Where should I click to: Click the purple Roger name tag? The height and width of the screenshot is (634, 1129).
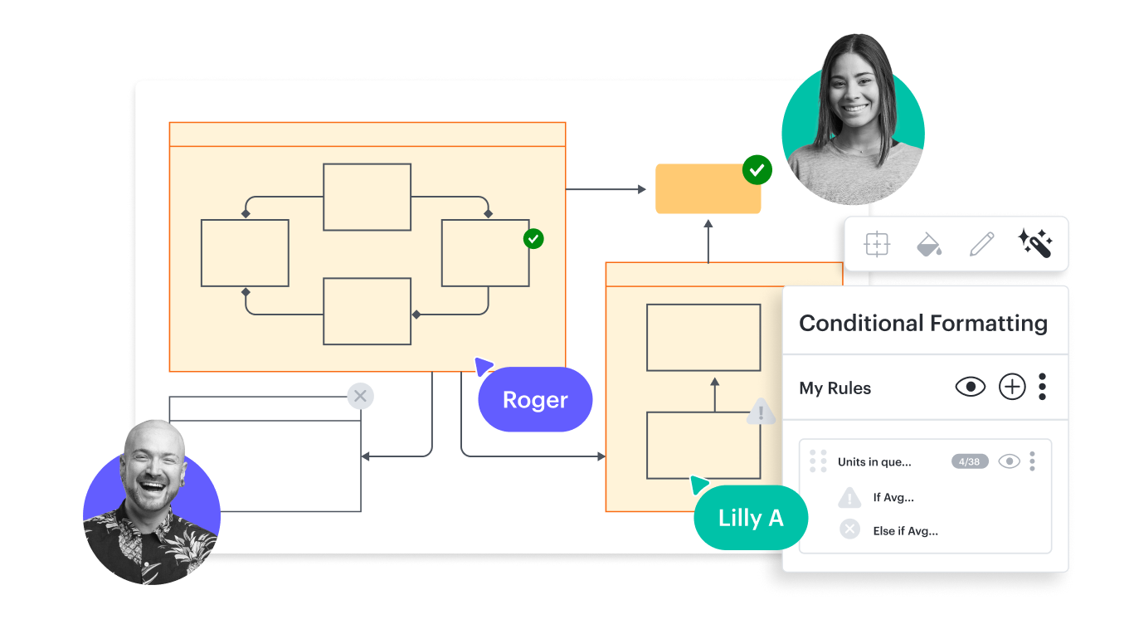pos(535,400)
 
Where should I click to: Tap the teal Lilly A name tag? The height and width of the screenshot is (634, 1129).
pos(751,519)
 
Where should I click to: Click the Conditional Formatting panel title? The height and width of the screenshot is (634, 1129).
pos(922,323)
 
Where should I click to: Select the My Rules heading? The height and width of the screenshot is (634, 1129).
pos(835,388)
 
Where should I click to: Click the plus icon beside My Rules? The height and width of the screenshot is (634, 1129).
pos(1012,387)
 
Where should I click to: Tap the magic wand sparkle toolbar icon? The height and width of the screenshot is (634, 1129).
pos(1034,244)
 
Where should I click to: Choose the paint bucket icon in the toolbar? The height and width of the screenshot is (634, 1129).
pos(929,244)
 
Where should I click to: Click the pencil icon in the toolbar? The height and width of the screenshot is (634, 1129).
pos(981,244)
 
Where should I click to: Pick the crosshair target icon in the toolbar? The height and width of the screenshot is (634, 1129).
pos(877,244)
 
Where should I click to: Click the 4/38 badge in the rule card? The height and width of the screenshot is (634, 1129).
pos(970,461)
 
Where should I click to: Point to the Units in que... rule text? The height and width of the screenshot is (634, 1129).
pos(874,462)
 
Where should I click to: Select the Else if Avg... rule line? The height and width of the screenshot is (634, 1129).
pos(905,531)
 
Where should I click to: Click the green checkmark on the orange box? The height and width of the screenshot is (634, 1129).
pos(757,170)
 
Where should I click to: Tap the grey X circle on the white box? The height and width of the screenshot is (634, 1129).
pos(360,397)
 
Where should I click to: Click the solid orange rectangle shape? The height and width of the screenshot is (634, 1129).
pos(707,189)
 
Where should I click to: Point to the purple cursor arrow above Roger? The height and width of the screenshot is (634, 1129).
pos(483,365)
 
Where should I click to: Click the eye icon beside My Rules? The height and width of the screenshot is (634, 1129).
pos(970,387)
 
